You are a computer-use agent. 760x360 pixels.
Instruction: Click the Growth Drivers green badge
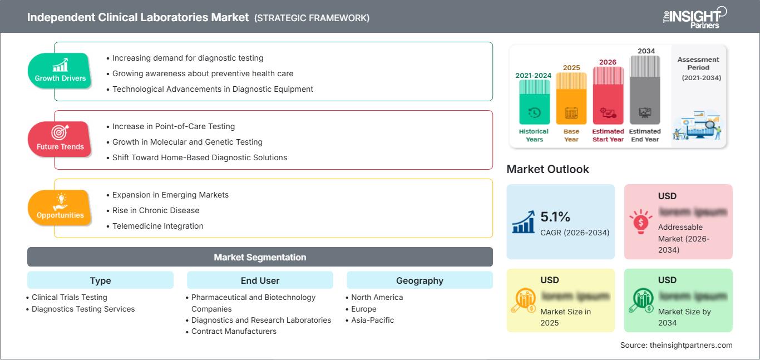click(60, 71)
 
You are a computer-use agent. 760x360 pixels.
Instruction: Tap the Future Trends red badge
click(60, 139)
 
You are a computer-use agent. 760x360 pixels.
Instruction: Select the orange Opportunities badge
click(60, 208)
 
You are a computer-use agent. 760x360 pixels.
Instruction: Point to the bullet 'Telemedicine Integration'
click(157, 226)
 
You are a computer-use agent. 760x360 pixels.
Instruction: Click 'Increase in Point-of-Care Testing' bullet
click(173, 126)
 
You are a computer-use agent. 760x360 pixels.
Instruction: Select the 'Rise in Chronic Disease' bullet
click(155, 210)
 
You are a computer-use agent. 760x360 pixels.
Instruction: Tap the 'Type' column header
click(100, 280)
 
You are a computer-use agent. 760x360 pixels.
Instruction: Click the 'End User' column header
click(260, 280)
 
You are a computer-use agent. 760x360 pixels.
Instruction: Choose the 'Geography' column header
click(420, 280)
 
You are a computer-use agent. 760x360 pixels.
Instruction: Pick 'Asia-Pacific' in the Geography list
click(372, 320)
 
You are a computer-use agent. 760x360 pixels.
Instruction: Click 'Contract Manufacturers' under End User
click(234, 331)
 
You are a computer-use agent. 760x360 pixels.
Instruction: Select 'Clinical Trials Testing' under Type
click(69, 297)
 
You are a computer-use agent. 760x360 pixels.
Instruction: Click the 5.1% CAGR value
click(555, 217)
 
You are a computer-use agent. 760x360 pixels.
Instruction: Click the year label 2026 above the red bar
click(608, 62)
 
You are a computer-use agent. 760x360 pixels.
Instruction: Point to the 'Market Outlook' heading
click(547, 169)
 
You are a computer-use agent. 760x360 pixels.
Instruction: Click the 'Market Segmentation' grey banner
click(260, 257)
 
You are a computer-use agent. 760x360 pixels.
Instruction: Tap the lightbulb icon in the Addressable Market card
click(640, 221)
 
